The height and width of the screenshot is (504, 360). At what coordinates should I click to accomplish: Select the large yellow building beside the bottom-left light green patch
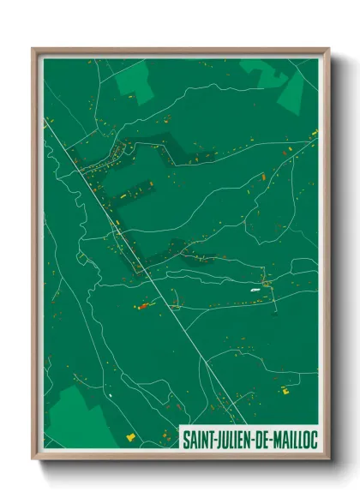click(130, 436)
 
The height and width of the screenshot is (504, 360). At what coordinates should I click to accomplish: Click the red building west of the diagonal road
click(144, 304)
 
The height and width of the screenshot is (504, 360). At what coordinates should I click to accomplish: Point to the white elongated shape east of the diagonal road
click(255, 291)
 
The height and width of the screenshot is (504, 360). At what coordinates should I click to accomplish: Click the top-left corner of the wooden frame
click(33, 49)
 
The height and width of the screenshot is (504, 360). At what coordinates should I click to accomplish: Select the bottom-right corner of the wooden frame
click(328, 459)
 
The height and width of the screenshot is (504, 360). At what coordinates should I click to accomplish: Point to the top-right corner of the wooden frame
click(328, 49)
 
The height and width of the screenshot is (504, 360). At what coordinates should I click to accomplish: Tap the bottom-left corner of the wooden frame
click(33, 459)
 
